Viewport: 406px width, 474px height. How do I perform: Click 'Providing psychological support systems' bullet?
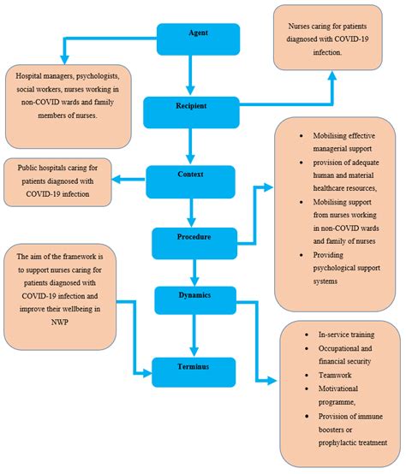click(343, 264)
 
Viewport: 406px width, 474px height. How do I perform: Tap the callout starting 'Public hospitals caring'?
click(58, 181)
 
